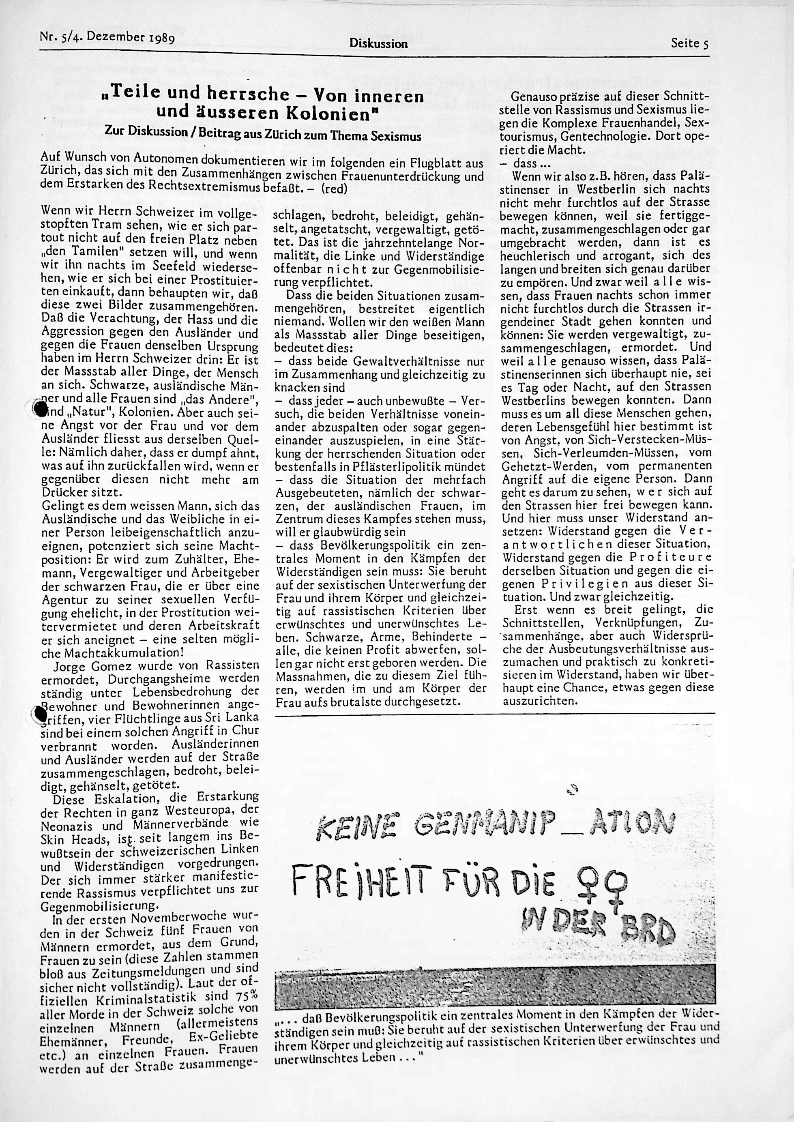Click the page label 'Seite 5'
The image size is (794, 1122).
point(689,43)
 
